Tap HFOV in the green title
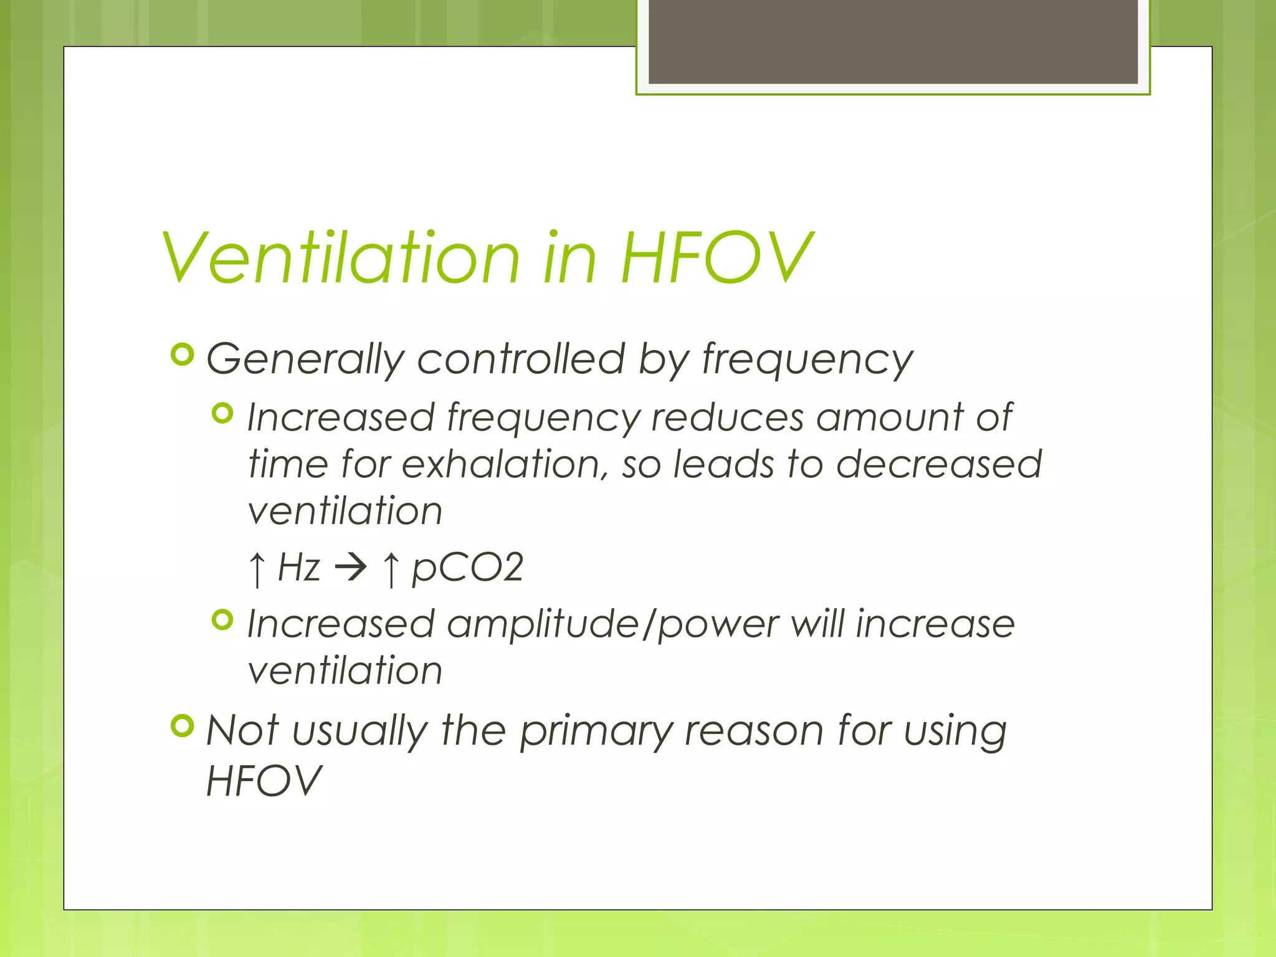click(717, 257)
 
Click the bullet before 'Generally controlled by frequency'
click(183, 355)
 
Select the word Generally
click(305, 360)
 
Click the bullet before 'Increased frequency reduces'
click(222, 413)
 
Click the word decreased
click(938, 464)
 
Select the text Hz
click(299, 568)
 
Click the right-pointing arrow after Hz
click(351, 568)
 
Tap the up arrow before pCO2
click(391, 569)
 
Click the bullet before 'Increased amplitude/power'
click(222, 620)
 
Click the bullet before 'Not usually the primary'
click(183, 726)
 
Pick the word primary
click(596, 732)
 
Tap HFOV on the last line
click(264, 781)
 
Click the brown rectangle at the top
click(893, 41)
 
